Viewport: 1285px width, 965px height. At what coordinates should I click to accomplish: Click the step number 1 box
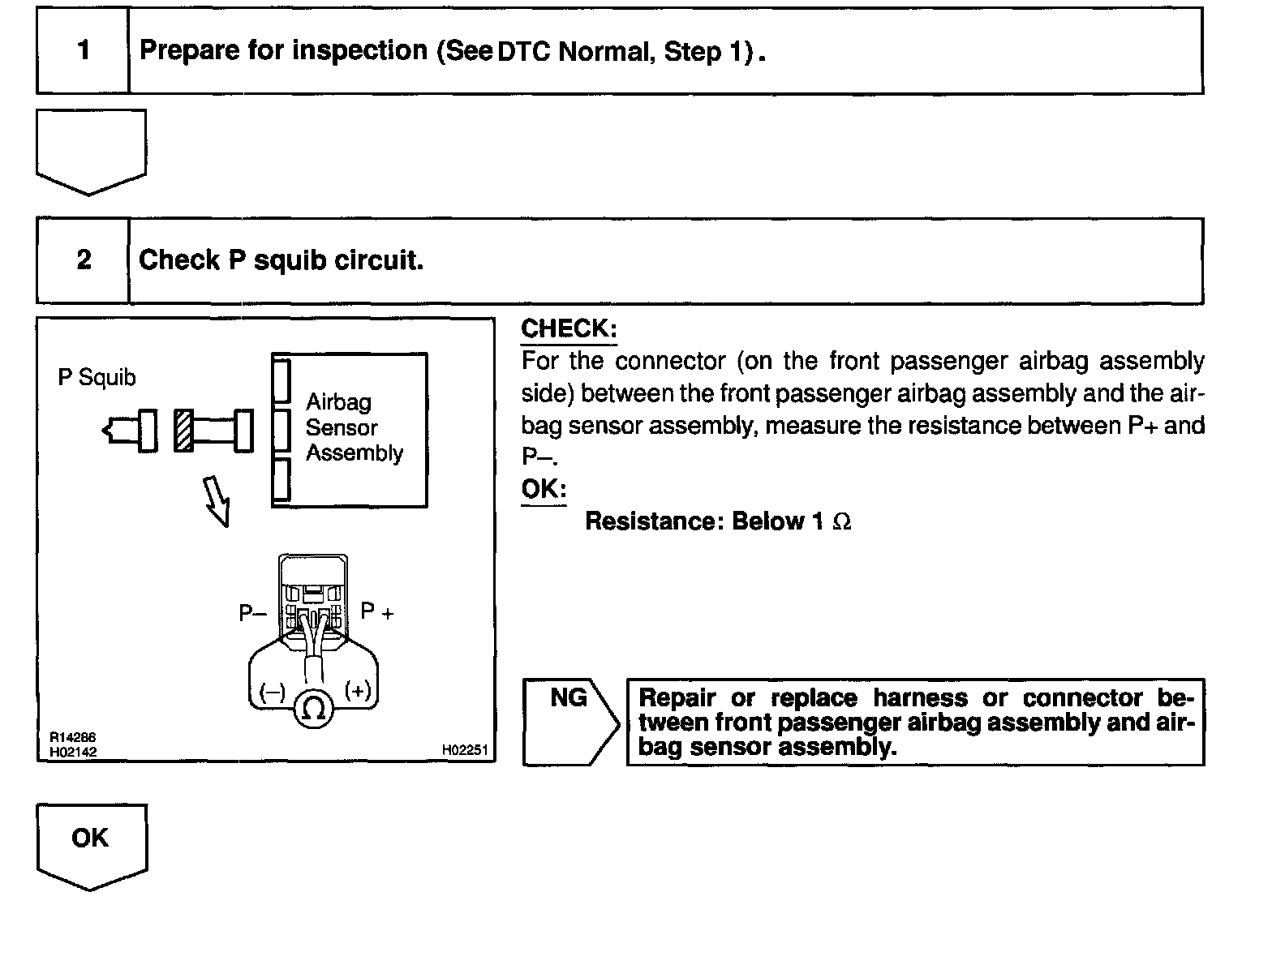[83, 51]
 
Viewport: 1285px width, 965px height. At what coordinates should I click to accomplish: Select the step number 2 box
[83, 260]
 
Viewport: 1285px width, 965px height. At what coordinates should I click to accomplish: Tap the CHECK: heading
[569, 329]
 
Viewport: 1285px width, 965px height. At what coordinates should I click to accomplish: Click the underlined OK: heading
[543, 490]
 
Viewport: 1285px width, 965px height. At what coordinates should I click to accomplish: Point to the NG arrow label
[569, 698]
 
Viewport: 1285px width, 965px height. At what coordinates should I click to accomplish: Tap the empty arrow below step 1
[91, 148]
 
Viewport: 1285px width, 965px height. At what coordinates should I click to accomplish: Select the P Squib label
[97, 378]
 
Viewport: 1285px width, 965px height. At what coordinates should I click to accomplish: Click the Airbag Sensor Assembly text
[354, 427]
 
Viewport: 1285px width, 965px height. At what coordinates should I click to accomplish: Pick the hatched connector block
[184, 431]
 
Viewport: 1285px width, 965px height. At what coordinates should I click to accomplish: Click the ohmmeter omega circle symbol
[313, 709]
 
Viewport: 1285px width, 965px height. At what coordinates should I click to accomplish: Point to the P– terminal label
[252, 614]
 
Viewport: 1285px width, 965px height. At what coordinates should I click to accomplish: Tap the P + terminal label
[376, 612]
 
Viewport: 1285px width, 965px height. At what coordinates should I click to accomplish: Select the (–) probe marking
[272, 692]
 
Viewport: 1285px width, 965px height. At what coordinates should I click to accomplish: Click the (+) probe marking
[358, 691]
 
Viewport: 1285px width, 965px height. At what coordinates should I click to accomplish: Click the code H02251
[465, 751]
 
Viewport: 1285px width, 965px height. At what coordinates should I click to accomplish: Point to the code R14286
[73, 738]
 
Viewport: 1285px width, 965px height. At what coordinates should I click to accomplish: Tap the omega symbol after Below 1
[842, 521]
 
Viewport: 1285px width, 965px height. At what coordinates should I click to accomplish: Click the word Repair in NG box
[677, 698]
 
